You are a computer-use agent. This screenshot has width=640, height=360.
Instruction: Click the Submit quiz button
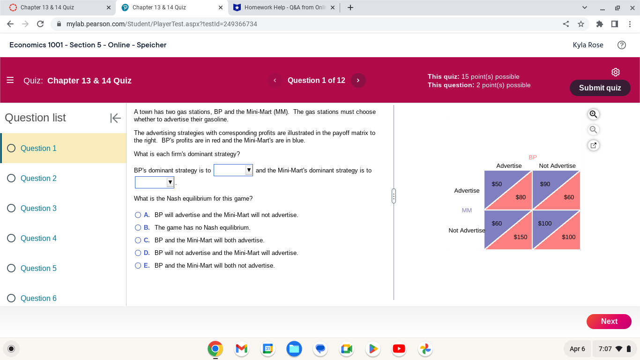coord(600,88)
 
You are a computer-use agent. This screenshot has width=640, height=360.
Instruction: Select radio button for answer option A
coord(138,215)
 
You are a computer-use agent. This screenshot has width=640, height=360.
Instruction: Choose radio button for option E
coord(138,266)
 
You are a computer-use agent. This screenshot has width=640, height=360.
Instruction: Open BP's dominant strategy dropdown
coord(233,170)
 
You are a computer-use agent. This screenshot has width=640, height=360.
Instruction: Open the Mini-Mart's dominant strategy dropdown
coord(155,182)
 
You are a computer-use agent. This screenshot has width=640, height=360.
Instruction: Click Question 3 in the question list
coord(38,208)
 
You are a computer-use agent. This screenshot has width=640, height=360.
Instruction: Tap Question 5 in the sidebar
coord(38,268)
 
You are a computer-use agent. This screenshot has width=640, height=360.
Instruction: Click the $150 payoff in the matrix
coord(520,237)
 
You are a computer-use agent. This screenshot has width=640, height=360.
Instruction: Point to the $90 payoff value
coord(545,184)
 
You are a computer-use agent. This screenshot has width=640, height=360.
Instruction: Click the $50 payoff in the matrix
coord(497,184)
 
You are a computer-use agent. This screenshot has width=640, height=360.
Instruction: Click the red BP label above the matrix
coord(533,157)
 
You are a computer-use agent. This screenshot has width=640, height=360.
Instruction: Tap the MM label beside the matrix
coord(467,210)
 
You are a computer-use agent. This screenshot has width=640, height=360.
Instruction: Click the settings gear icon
coord(616,72)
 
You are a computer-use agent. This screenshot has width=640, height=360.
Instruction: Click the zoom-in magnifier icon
coord(593,114)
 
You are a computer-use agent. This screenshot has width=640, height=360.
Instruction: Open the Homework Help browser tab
coord(284,7)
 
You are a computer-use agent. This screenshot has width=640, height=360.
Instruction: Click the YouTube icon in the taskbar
coord(399,349)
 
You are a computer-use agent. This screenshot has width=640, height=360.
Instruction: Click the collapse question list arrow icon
coord(115,118)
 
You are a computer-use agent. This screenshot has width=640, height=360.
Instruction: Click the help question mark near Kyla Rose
coord(622,45)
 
